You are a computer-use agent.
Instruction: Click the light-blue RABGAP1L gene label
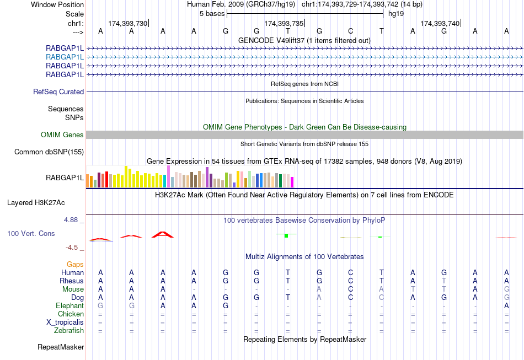(65, 57)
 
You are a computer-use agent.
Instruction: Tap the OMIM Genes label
(62, 135)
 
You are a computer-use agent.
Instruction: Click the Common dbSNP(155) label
(49, 152)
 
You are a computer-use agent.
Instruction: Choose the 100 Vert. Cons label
(31, 234)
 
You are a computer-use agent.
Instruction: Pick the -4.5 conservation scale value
(74, 248)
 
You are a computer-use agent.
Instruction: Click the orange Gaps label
(75, 265)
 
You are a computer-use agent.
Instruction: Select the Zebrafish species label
(69, 331)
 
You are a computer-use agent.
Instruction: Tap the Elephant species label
(69, 306)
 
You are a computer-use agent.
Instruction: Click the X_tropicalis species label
(64, 323)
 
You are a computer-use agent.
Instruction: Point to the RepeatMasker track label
(61, 347)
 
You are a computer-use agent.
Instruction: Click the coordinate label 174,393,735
(284, 23)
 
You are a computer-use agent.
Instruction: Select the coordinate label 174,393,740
(440, 23)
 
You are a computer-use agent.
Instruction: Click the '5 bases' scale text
(212, 13)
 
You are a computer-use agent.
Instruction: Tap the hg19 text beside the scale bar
(396, 13)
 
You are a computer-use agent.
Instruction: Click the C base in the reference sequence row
(350, 31)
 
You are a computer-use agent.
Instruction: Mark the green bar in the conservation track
(286, 235)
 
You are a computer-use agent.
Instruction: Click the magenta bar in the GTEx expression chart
(292, 182)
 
